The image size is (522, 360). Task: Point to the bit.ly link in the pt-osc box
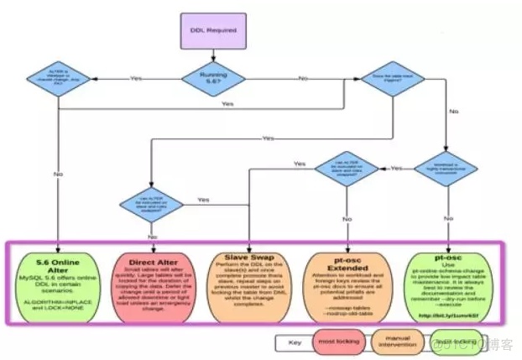pos(450,315)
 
